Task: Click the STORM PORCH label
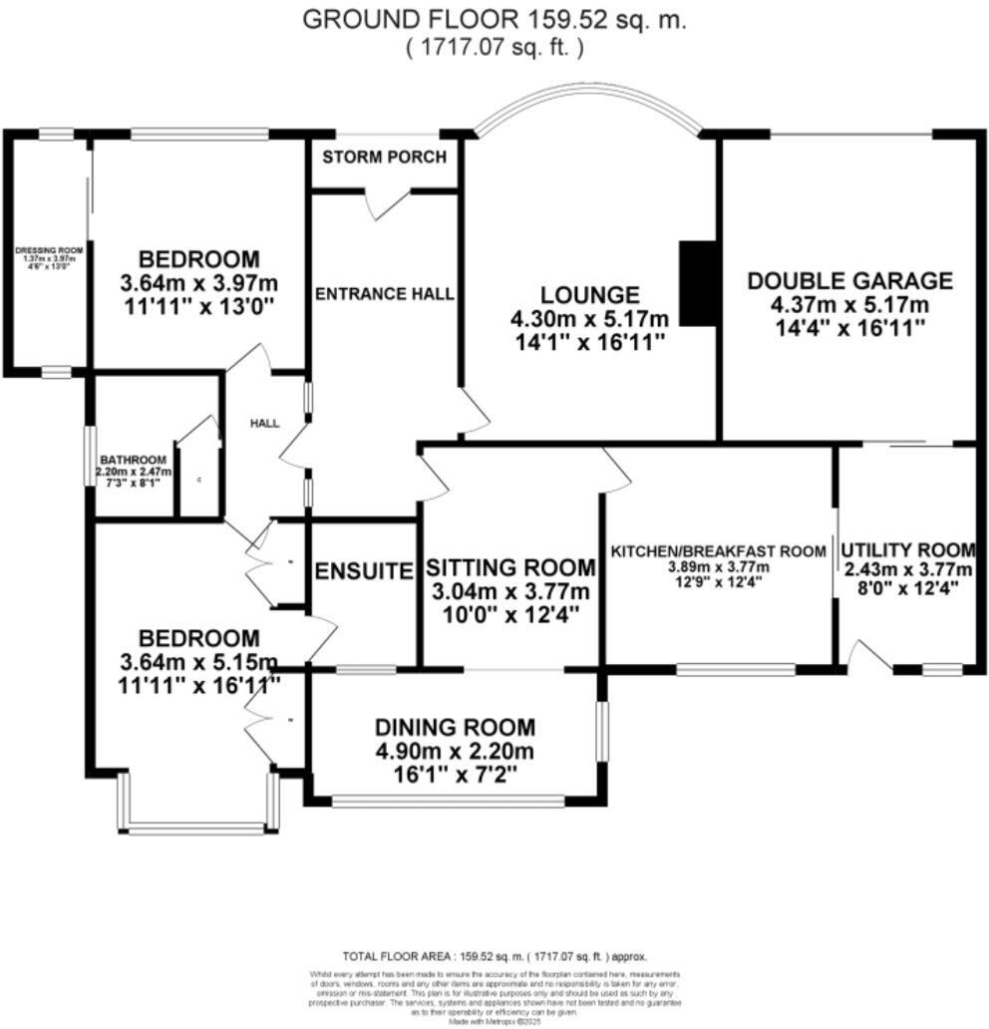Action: point(384,158)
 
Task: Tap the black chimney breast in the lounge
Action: point(699,283)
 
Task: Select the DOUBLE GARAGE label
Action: point(849,281)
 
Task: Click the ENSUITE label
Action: point(364,571)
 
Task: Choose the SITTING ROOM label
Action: point(510,567)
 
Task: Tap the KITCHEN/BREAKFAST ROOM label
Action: point(718,551)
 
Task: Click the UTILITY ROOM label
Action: point(907,550)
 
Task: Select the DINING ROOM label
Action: point(455,728)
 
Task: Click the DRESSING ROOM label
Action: point(47,251)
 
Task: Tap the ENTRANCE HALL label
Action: point(384,294)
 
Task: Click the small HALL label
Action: point(264,423)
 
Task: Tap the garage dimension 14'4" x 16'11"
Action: point(849,326)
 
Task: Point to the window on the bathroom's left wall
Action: point(88,457)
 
